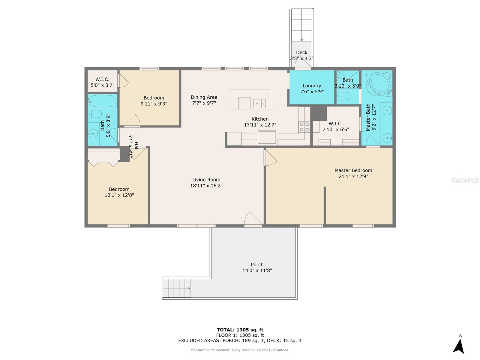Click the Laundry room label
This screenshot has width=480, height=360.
coord(312,86)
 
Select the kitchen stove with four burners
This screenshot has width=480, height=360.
coord(304,127)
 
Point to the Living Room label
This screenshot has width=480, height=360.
coord(206,180)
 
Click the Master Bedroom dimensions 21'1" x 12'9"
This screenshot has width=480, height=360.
coord(353,176)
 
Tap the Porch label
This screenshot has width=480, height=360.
coord(257,265)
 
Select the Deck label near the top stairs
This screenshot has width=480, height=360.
coord(301,52)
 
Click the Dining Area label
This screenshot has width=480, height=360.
coord(204,97)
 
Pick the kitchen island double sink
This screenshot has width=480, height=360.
coord(259,103)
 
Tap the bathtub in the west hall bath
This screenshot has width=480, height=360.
coord(102,101)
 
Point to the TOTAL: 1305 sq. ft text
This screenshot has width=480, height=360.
coord(240,330)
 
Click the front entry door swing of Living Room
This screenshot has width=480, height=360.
coord(253,218)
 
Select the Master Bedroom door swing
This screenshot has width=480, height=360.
coord(270,157)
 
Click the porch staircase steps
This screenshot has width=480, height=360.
coord(176,288)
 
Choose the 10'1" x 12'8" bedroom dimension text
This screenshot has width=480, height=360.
coord(119,195)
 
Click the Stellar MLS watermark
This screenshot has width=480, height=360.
coord(465,180)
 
